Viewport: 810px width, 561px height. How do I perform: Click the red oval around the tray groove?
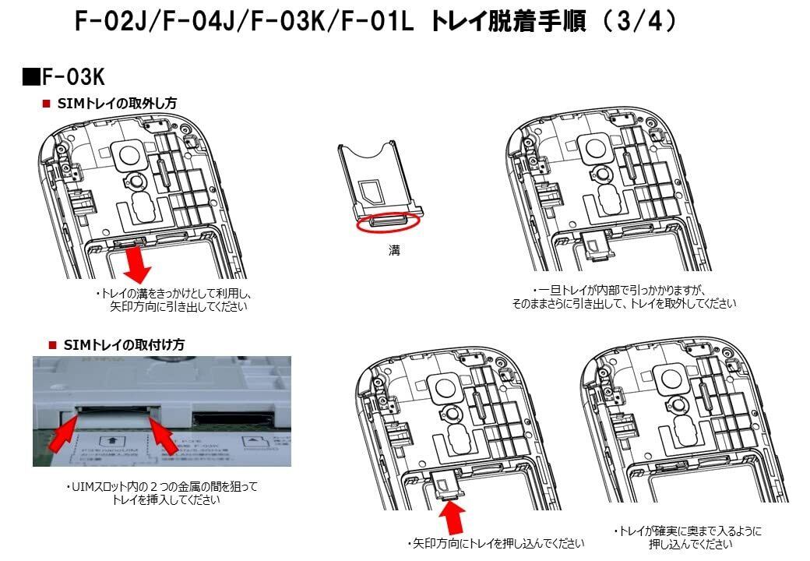388,223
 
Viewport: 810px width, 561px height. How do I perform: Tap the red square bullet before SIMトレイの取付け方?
53,344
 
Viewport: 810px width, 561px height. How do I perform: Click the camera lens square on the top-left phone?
127,152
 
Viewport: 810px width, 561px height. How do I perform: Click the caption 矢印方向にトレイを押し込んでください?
495,543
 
